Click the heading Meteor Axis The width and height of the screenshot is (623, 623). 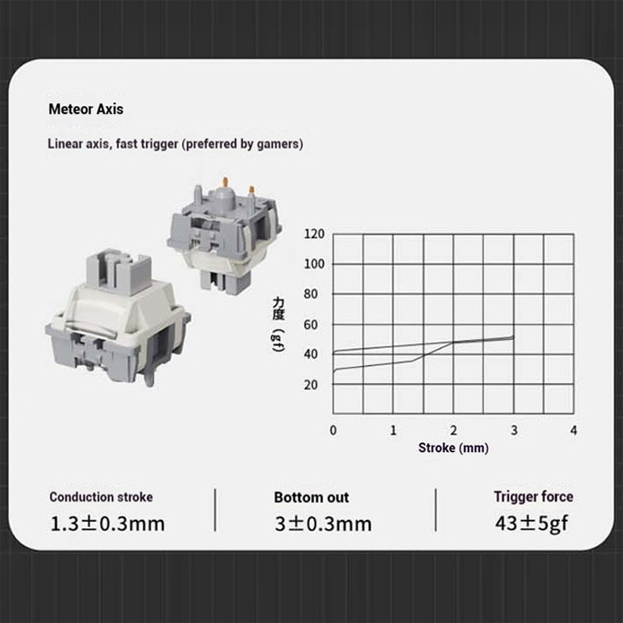coord(86,109)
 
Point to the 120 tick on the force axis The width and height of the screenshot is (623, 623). coord(315,234)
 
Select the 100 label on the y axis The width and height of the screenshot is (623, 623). coord(315,264)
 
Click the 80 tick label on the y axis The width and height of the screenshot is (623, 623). coord(311,294)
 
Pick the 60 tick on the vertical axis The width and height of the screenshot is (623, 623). coord(311,325)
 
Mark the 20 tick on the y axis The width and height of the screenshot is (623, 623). coord(311,385)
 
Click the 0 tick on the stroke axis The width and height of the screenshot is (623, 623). coord(333,431)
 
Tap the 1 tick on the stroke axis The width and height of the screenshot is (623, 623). coord(393,431)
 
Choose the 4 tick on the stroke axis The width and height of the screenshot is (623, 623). coord(573,431)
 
